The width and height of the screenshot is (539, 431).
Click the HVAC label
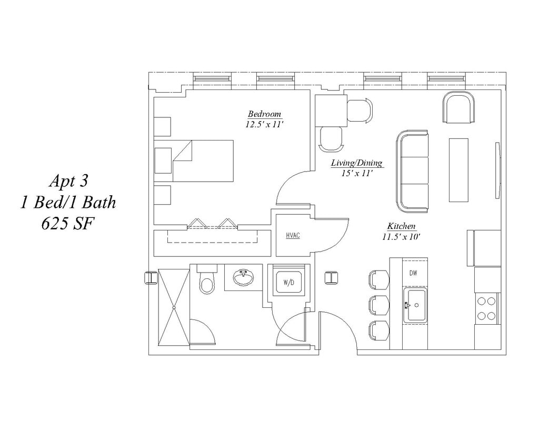click(x=293, y=235)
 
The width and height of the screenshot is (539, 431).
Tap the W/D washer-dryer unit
click(x=288, y=283)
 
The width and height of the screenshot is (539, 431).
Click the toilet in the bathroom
click(x=206, y=283)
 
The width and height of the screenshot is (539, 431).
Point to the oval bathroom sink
click(x=243, y=278)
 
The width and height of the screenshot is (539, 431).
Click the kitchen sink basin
click(x=415, y=305)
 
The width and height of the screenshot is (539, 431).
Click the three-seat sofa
click(x=413, y=171)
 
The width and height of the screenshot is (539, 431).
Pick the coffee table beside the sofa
click(x=458, y=169)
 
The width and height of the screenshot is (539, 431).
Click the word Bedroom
click(x=264, y=114)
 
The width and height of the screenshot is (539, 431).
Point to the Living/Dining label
click(x=356, y=163)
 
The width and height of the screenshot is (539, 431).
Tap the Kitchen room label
click(x=402, y=226)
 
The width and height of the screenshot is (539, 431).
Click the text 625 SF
click(x=67, y=223)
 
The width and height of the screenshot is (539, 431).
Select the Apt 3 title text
click(x=68, y=181)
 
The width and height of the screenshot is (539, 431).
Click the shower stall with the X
click(x=174, y=307)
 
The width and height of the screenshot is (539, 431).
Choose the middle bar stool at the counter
click(x=379, y=305)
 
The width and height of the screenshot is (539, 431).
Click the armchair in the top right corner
click(x=458, y=107)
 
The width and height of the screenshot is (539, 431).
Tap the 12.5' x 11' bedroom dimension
click(x=264, y=125)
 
